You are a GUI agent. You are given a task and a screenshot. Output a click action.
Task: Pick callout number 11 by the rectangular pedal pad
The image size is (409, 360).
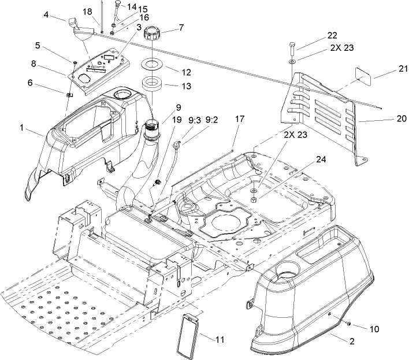[220, 340]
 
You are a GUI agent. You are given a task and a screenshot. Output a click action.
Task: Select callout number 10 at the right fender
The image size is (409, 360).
[374, 329]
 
